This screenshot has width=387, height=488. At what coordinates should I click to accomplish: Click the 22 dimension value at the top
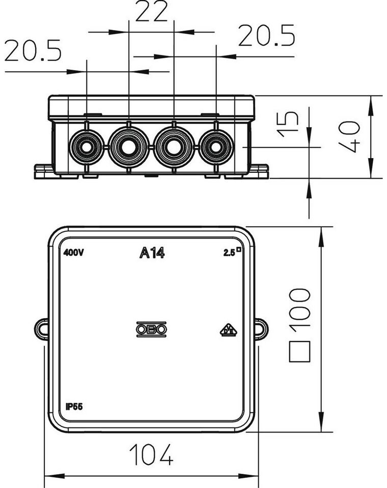[152, 11]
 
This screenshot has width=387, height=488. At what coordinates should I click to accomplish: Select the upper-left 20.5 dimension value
[33, 50]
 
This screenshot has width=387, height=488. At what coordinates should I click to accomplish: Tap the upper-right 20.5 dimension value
[266, 36]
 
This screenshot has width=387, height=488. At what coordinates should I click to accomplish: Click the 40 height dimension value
[350, 137]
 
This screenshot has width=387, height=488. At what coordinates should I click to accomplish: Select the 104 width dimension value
[151, 454]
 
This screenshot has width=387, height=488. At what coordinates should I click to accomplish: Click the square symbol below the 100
[300, 351]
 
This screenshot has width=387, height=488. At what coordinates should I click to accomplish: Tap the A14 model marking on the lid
[152, 253]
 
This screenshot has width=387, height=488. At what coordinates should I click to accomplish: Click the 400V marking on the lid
[74, 253]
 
